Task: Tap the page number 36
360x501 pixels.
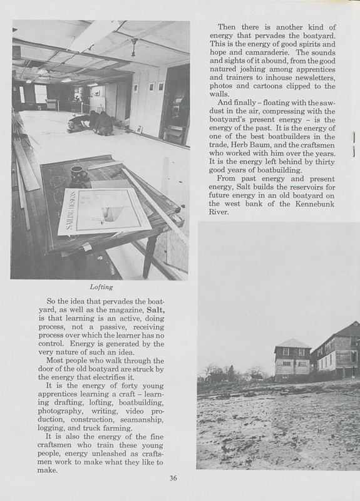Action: (x=174, y=478)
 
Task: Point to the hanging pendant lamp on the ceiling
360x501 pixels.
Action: (x=133, y=48)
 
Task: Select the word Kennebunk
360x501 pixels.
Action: (x=300, y=203)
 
